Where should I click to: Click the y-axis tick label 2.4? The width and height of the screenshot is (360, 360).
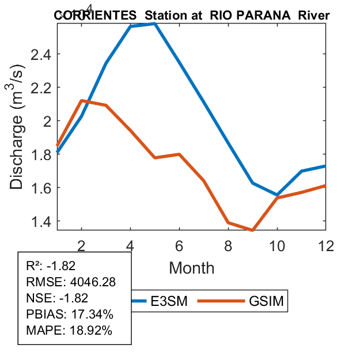[40, 54]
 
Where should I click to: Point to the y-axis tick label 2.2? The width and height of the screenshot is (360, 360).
[40, 88]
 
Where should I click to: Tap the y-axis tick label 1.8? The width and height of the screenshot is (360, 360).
[40, 154]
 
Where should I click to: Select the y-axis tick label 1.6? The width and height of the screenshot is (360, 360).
[40, 188]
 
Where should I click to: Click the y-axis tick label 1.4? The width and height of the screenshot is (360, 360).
[40, 221]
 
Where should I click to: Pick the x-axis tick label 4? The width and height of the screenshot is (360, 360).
[131, 244]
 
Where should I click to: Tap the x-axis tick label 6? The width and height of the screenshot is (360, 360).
[180, 244]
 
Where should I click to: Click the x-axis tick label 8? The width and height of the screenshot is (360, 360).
[229, 244]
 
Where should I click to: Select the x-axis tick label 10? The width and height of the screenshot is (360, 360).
[278, 244]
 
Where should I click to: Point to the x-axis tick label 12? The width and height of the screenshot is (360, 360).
[326, 244]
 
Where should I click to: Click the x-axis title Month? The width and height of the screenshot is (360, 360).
[192, 267]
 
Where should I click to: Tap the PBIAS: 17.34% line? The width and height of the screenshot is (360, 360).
[70, 314]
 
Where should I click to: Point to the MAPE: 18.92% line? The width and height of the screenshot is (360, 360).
[69, 331]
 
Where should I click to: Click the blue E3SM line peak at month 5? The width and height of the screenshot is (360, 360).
[155, 24]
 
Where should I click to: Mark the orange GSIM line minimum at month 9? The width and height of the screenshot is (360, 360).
[252, 230]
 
